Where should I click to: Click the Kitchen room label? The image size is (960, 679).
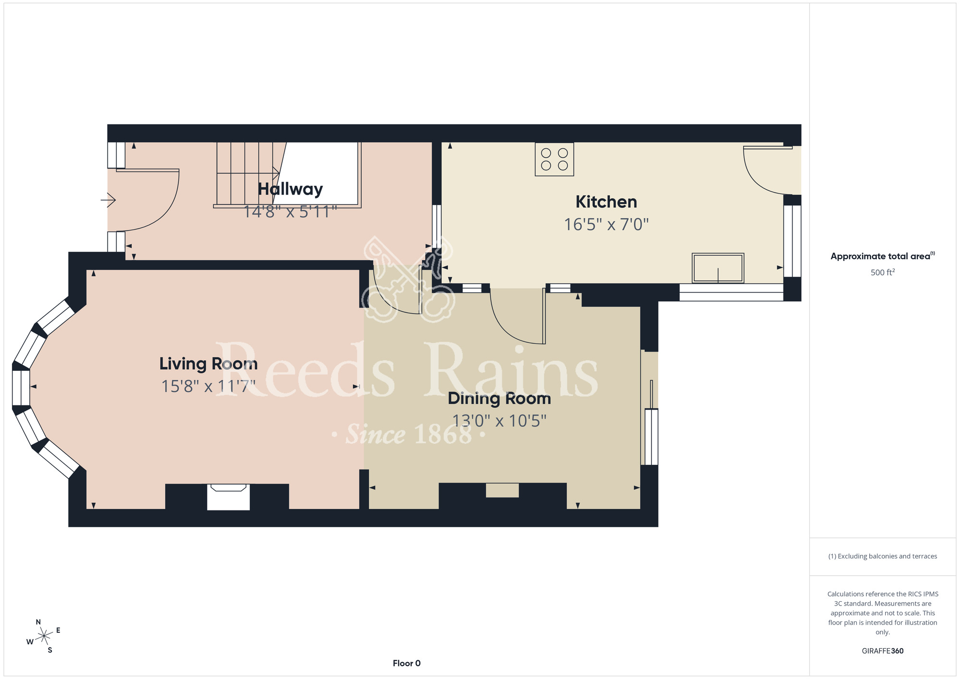coord(606,202)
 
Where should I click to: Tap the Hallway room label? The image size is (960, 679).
coord(290,189)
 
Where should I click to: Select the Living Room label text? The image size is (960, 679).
coord(208,364)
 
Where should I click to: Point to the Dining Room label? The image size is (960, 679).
coord(499,399)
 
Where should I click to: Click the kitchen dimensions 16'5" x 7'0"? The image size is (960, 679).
coord(606,225)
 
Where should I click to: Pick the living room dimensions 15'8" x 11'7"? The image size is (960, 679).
coord(208,387)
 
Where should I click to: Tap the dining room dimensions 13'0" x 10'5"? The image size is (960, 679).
coord(499,421)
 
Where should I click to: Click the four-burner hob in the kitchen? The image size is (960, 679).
coord(554,159)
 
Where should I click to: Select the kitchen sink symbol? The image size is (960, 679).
coord(718,268)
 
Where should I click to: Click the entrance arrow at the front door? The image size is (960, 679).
coord(108,200)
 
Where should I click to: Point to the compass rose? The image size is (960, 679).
coord(44,637)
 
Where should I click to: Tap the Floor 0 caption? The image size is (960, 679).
coord(407,663)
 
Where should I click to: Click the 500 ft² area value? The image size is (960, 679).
coord(883,272)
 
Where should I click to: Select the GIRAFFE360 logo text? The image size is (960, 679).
coord(883,651)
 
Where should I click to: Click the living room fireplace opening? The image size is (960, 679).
coord(228,497)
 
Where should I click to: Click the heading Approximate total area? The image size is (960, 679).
coord(883,256)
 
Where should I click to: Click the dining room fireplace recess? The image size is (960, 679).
coord(502,490)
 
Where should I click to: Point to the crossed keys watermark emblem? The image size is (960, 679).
coord(408,279)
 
